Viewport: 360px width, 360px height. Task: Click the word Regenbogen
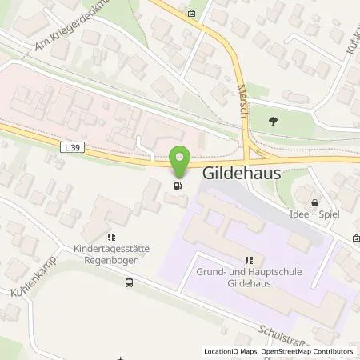coord(112,259)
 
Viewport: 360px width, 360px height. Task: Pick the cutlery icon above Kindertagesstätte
coord(111,236)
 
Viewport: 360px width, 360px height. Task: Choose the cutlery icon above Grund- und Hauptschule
coord(249,260)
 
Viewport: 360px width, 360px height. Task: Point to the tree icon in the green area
coord(274,121)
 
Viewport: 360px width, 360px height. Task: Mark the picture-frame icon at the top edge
coord(191,13)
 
